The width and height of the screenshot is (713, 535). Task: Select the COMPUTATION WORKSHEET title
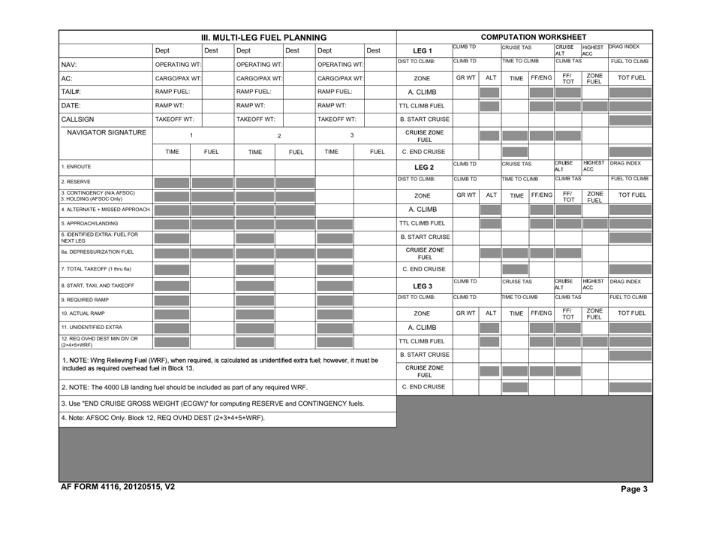(533, 37)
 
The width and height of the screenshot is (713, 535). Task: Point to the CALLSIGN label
(80, 119)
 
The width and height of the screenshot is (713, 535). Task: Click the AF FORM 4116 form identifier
(118, 487)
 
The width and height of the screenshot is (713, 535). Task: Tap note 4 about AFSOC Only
(163, 418)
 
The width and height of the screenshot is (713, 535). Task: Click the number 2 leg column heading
(279, 136)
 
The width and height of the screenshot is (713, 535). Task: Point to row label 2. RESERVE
(80, 181)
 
